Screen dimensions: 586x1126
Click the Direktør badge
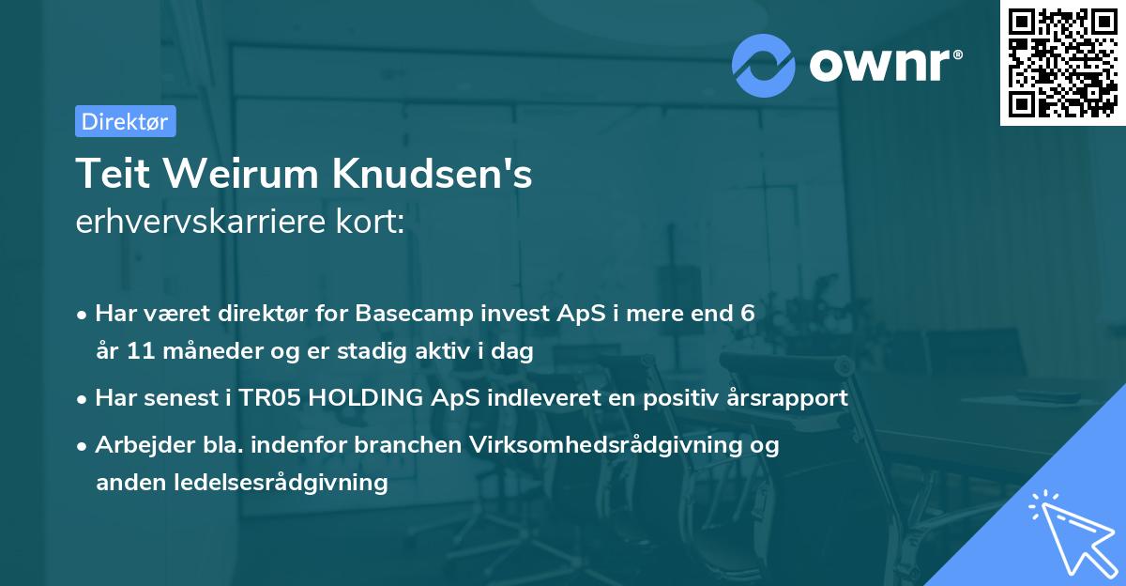tap(125, 121)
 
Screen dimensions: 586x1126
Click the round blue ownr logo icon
tap(764, 65)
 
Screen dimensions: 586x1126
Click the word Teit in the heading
tap(107, 174)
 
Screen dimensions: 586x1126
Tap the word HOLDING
tap(369, 398)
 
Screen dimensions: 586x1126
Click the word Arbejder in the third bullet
tap(134, 444)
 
